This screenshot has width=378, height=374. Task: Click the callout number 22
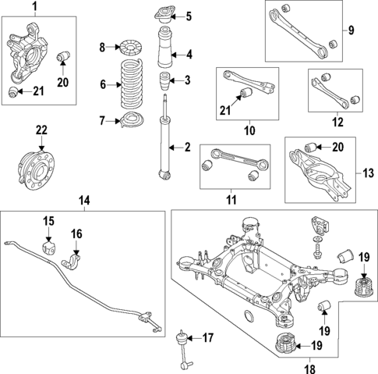(41, 130)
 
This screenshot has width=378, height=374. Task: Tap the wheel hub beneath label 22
(39, 165)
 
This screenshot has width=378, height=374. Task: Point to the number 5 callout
(187, 16)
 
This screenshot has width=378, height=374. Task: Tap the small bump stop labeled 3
(164, 81)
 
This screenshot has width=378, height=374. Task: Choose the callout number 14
(84, 201)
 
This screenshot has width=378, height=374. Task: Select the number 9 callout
(350, 30)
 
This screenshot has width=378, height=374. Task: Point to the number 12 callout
(337, 122)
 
